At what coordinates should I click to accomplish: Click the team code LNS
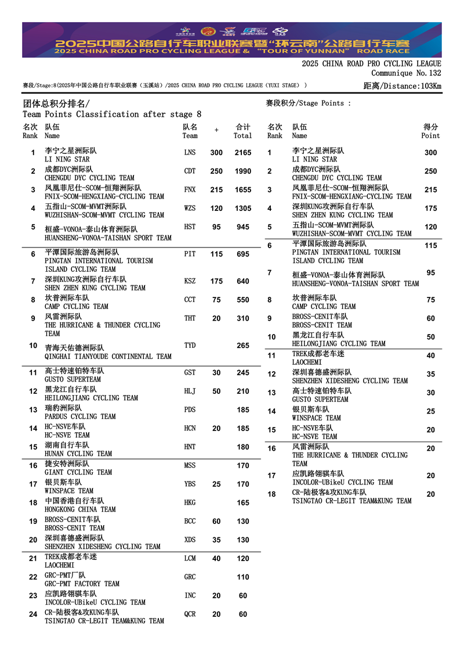pos(190,153)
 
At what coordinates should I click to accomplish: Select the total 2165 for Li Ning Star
pos(242,153)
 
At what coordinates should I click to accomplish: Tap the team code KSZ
pos(190,281)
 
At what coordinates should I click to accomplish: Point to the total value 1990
pos(242,171)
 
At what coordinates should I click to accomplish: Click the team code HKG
pos(190,503)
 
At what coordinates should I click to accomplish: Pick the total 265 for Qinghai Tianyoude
pos(242,346)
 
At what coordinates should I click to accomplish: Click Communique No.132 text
pos(406,73)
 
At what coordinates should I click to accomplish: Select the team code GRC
pos(190,577)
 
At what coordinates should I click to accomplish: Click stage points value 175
pos(430,209)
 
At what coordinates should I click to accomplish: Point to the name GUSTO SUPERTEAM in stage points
pos(320,400)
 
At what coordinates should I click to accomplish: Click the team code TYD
pos(190,346)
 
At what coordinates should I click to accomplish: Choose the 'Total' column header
pos(242,135)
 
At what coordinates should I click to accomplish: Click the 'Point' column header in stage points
pos(430,135)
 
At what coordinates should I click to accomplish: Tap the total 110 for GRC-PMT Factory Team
pos(242,577)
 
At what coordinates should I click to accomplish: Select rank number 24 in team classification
pos(33,615)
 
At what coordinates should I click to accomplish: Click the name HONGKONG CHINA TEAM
pos(80,509)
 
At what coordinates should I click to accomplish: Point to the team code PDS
pos(190,410)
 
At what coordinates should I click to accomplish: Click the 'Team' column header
pos(190,135)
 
